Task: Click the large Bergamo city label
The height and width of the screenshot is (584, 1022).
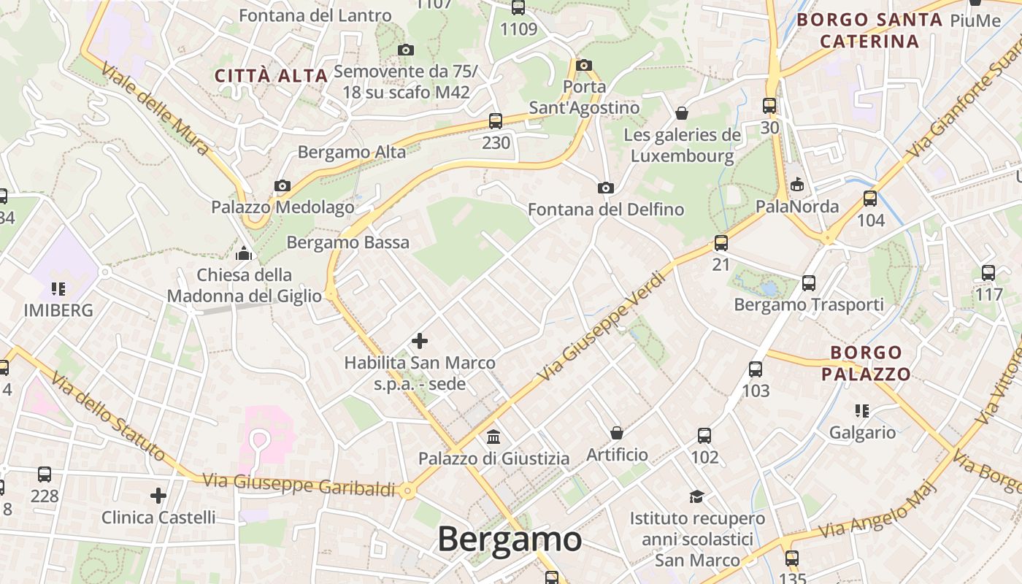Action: pyautogui.click(x=510, y=540)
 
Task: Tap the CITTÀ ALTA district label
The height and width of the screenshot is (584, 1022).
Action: pyautogui.click(x=271, y=75)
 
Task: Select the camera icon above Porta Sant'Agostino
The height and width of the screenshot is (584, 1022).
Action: pyautogui.click(x=583, y=66)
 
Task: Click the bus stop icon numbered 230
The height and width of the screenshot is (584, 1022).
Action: pyautogui.click(x=496, y=121)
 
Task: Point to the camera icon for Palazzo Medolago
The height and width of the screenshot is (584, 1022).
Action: pyautogui.click(x=283, y=185)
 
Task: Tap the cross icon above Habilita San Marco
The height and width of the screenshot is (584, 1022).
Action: pyautogui.click(x=420, y=340)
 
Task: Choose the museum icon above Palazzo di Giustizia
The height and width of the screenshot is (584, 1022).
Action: pyautogui.click(x=493, y=437)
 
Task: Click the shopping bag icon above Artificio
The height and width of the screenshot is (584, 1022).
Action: pyautogui.click(x=617, y=433)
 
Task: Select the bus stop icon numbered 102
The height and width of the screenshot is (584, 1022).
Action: pyautogui.click(x=704, y=436)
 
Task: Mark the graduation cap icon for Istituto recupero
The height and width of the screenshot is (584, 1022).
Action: pyautogui.click(x=697, y=496)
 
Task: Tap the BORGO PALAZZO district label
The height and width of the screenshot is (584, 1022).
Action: pyautogui.click(x=867, y=364)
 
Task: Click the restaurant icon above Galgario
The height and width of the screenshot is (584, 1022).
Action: pyautogui.click(x=862, y=411)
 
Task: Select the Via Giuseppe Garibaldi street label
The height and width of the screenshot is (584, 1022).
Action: pyautogui.click(x=299, y=485)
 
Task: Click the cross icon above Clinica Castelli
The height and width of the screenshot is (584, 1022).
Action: pyautogui.click(x=158, y=496)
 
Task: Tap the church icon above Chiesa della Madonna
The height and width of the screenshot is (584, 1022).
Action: pyautogui.click(x=244, y=253)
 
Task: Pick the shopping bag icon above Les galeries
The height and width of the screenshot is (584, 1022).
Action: pyautogui.click(x=682, y=113)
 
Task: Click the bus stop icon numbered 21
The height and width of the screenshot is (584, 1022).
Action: pyautogui.click(x=721, y=243)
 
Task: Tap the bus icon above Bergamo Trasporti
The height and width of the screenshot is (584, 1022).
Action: pyautogui.click(x=809, y=283)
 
